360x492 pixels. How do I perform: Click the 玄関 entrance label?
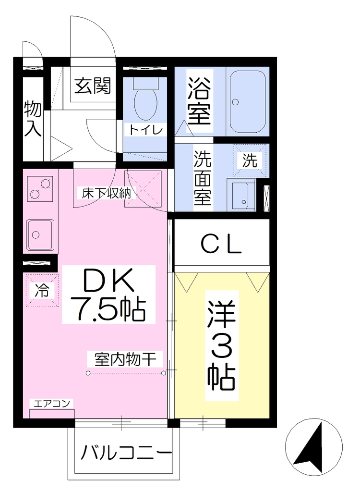[93, 86]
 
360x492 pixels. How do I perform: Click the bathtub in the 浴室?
[248, 102]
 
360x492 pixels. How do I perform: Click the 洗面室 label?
[202, 178]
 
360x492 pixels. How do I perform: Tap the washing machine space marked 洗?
[250, 160]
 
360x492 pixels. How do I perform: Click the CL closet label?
[221, 245]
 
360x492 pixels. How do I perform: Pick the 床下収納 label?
[106, 194]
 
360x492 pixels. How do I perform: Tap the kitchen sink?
[40, 234]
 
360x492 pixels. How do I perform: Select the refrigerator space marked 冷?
[42, 290]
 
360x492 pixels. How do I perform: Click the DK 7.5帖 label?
[109, 295]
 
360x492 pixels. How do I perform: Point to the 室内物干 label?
[125, 359]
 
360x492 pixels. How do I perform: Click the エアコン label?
[51, 403]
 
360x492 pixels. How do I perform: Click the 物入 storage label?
[33, 119]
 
